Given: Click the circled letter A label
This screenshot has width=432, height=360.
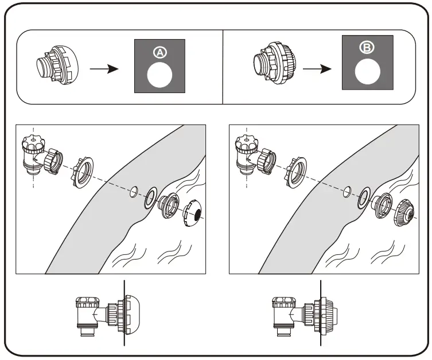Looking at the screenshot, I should click(x=160, y=52).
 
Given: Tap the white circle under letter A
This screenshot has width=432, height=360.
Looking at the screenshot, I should click(x=160, y=75).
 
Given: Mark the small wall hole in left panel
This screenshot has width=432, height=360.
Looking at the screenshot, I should click(x=134, y=191).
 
